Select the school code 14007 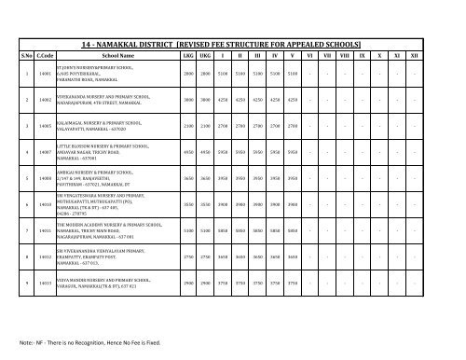click(x=43, y=151)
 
